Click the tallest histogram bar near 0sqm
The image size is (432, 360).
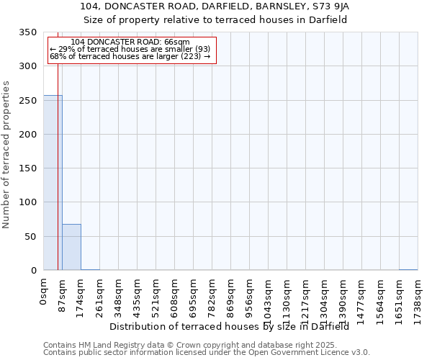53,183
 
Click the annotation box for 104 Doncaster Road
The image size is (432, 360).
131,50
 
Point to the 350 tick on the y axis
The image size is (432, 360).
27,32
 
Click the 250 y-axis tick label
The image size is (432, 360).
27,101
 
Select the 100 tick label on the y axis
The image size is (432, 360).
27,202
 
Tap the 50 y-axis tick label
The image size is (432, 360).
30,236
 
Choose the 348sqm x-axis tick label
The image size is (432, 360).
119,295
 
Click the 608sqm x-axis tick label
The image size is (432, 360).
175,295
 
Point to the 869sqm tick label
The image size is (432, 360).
231,295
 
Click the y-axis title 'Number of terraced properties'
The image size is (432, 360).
6,154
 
